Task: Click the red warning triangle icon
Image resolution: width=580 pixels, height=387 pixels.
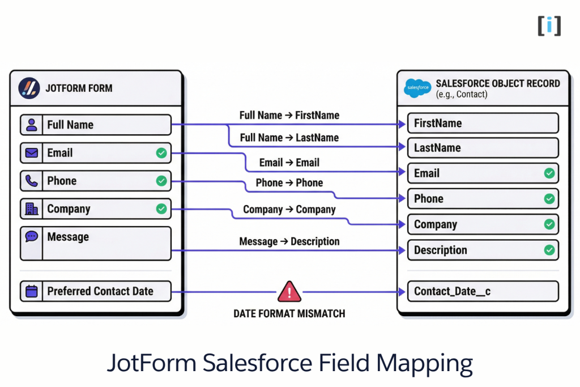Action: coord(289,292)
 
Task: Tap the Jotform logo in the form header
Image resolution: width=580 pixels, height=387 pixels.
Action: coord(29,88)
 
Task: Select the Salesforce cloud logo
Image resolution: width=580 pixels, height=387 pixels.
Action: coord(417,88)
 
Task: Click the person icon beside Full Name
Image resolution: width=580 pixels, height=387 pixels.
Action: coord(32,125)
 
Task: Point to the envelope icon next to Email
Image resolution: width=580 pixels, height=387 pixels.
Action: coord(32,153)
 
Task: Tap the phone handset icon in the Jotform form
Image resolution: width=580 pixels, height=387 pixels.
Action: coord(32,181)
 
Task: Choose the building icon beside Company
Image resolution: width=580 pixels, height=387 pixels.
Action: coord(32,209)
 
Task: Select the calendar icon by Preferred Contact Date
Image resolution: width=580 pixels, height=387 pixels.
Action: coord(32,291)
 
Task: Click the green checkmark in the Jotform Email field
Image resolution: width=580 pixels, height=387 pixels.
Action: coord(161,153)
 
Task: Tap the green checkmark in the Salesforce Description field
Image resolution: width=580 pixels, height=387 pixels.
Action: coord(549,250)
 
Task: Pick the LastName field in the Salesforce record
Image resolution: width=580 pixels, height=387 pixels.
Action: coord(483,148)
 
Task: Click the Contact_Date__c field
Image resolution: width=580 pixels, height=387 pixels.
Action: coord(483,291)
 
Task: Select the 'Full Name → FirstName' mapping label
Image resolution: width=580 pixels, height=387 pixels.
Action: coord(289,115)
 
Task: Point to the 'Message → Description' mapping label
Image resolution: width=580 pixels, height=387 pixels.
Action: coord(289,241)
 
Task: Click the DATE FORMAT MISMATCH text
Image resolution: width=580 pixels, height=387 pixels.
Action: coord(289,313)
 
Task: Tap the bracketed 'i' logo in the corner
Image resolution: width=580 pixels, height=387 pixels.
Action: coord(549,25)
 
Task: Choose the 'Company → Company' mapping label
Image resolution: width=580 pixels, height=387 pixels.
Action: coord(289,210)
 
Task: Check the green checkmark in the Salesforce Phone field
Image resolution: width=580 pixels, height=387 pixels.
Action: coord(549,199)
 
